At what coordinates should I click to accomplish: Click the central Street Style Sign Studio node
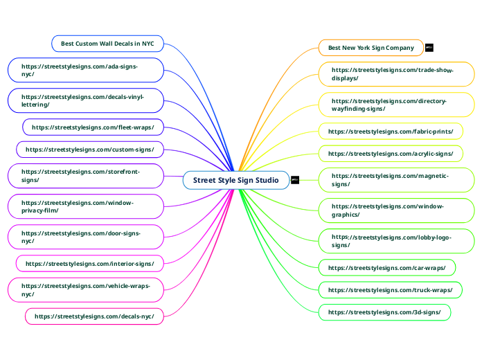coord(235,181)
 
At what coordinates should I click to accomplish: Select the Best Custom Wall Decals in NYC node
coord(107,44)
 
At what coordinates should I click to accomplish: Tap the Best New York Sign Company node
coord(371,48)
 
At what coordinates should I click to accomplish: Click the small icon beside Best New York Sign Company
coord(429,48)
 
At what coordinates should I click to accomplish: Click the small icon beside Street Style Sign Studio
coord(295,181)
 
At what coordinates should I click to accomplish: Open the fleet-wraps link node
coord(93,127)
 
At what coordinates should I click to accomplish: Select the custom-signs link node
coord(90,150)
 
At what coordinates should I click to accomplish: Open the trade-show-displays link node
coord(396,74)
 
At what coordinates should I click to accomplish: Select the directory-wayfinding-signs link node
coord(396,105)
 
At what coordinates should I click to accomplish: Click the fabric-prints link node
coord(391,132)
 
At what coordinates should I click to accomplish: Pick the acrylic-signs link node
coord(391,154)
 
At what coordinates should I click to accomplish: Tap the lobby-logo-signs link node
coord(396,241)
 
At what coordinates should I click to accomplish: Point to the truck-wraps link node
coord(391,290)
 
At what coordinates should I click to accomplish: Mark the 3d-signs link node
coord(384,312)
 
